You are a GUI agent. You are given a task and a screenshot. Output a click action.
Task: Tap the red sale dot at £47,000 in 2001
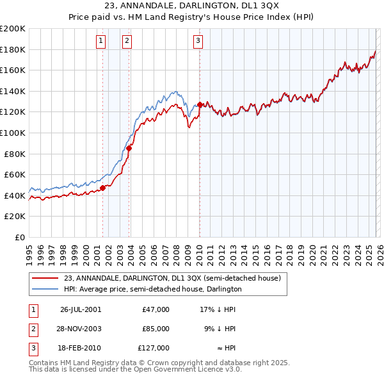(x=102, y=188)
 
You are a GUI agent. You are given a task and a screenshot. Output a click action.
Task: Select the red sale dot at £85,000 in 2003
(x=129, y=148)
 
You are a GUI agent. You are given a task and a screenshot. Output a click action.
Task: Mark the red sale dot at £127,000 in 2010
(x=200, y=104)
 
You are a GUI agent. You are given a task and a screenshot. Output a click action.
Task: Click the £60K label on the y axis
(x=15, y=174)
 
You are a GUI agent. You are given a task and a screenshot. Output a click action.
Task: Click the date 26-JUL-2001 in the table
(x=81, y=309)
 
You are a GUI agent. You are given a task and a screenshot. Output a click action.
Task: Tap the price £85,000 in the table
(x=156, y=329)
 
